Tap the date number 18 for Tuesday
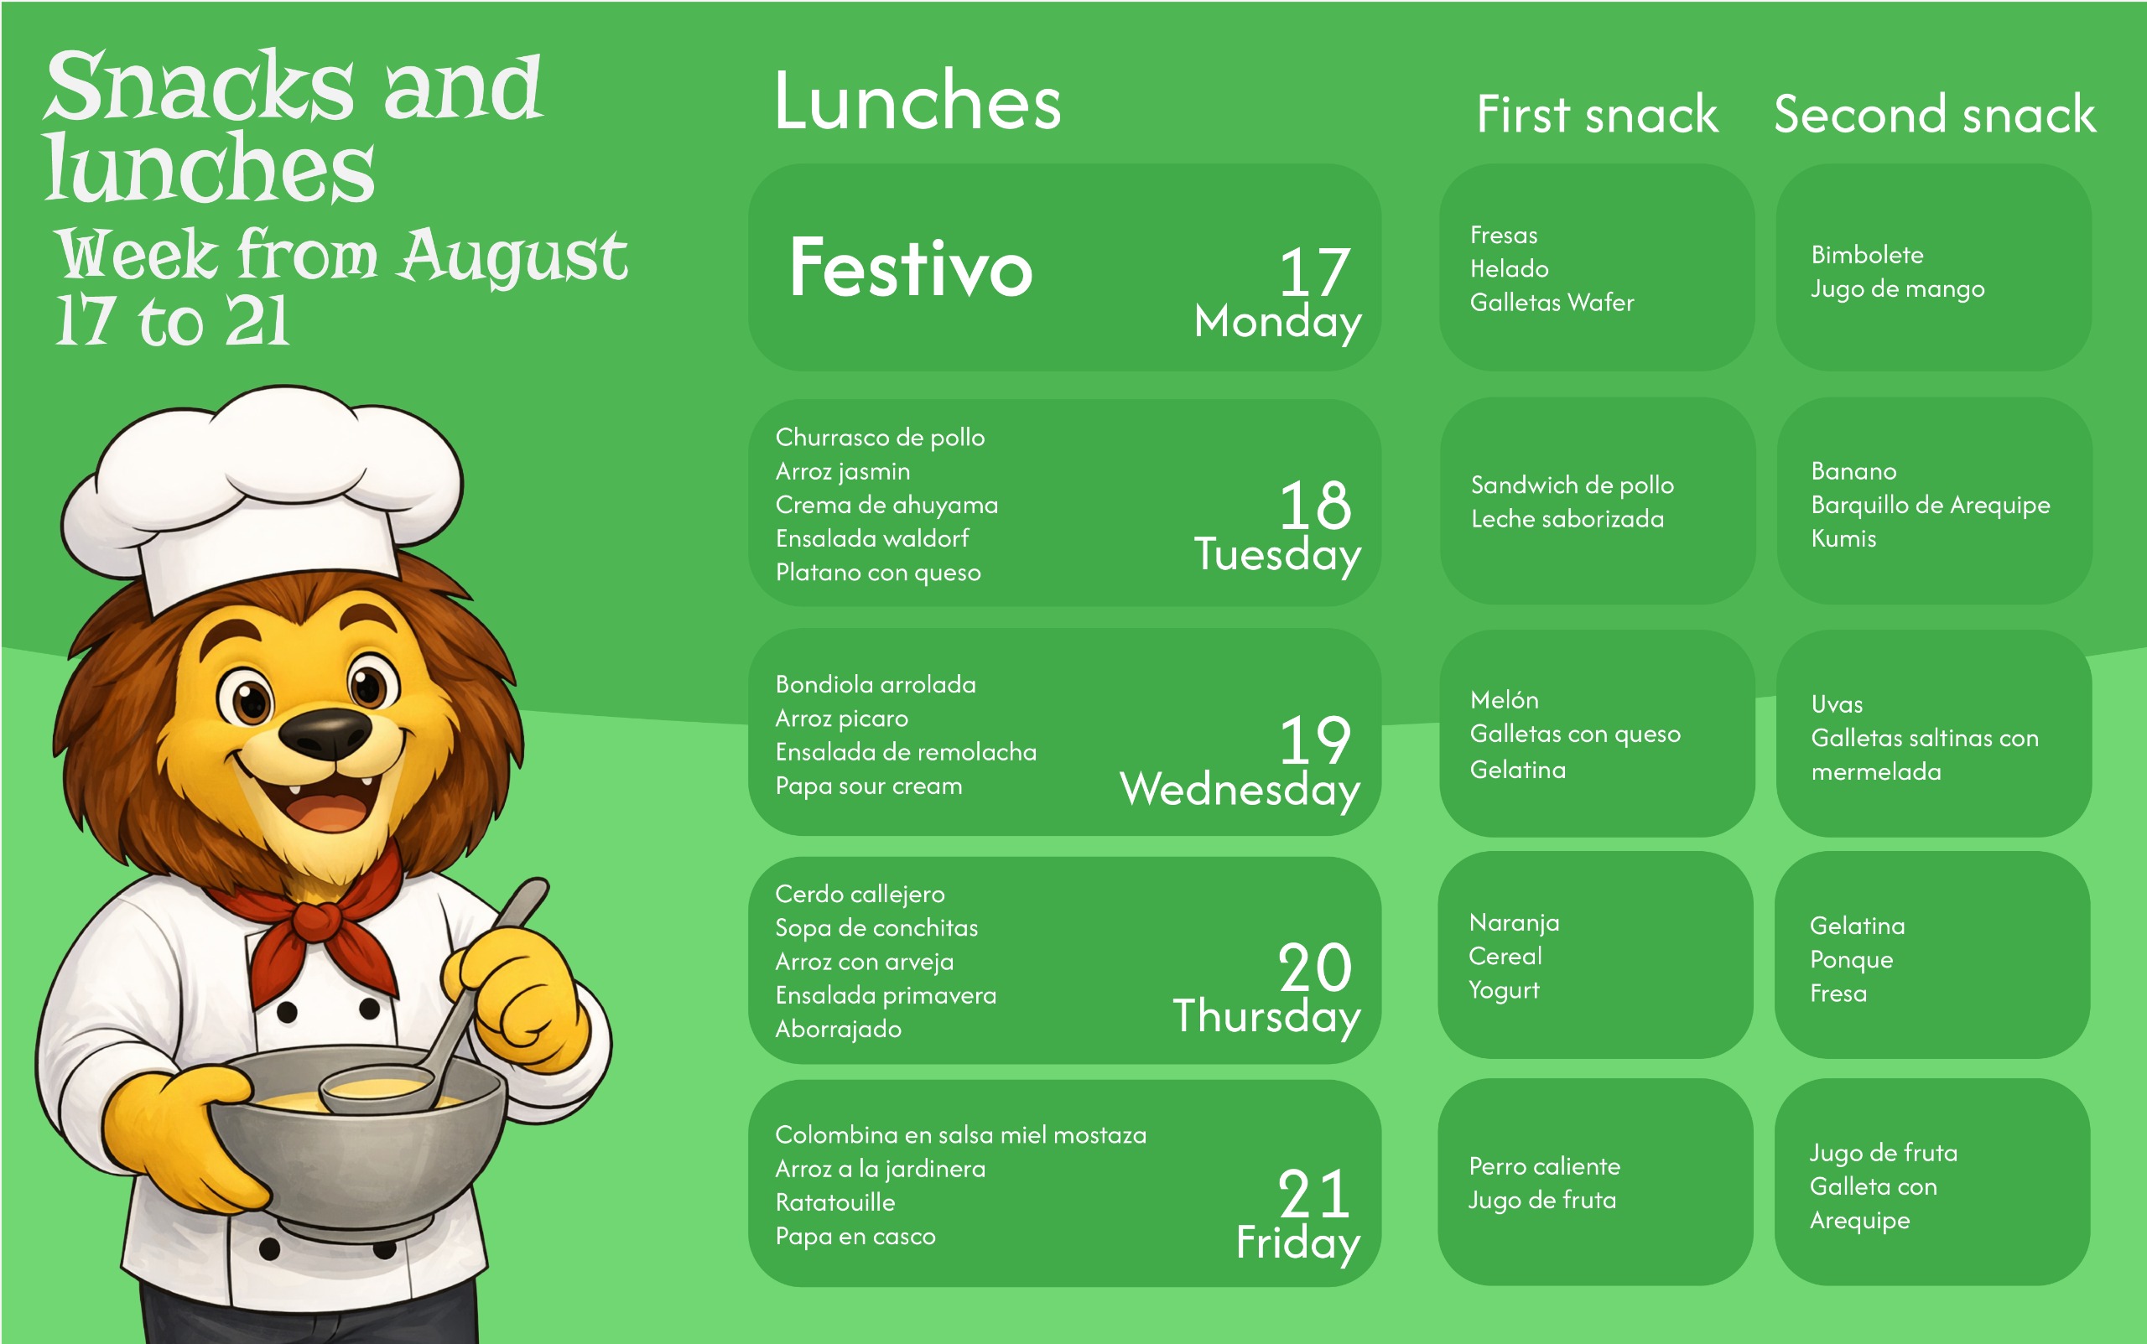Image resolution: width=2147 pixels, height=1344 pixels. click(x=1315, y=505)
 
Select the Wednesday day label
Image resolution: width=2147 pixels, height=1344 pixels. click(x=1240, y=789)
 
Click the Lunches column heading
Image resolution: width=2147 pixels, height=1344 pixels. click(x=918, y=101)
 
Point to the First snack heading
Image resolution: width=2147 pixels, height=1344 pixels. click(x=1597, y=115)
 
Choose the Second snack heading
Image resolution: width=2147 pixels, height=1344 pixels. click(x=1935, y=115)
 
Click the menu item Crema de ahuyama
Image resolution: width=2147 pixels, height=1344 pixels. click(x=886, y=505)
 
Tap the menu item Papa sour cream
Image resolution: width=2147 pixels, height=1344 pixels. click(x=869, y=786)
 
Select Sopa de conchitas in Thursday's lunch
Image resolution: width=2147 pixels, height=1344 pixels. click(x=876, y=928)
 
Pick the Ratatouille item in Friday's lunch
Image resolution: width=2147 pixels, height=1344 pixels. click(x=834, y=1202)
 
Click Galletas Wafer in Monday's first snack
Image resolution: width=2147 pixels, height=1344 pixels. click(x=1552, y=302)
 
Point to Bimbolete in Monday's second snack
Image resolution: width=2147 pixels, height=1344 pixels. click(x=1867, y=255)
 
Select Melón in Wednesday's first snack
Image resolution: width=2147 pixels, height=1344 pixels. click(x=1505, y=699)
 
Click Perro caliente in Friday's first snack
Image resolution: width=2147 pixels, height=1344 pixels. click(x=1544, y=1166)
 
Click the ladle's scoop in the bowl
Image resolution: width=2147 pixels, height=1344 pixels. click(x=378, y=1089)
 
